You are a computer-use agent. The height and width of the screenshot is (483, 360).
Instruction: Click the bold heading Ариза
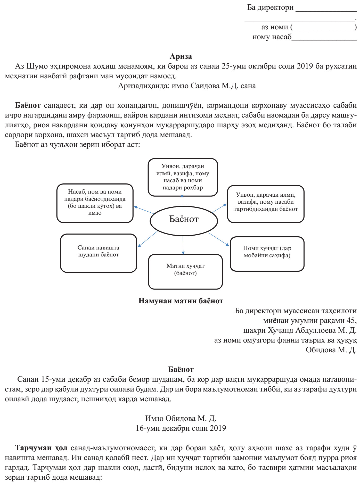(181, 56)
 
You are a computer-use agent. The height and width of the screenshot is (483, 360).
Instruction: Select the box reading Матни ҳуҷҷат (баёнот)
(185, 272)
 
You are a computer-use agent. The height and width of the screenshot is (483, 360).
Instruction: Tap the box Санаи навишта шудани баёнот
(99, 253)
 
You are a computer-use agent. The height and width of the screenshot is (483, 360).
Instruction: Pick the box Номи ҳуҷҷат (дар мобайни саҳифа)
(267, 254)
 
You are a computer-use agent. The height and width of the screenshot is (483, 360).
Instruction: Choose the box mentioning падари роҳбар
(183, 177)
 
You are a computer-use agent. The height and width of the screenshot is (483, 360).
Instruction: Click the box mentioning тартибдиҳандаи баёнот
(266, 204)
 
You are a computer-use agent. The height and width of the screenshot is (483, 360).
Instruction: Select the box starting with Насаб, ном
(95, 203)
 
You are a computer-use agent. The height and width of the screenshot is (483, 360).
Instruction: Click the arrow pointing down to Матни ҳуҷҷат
(183, 245)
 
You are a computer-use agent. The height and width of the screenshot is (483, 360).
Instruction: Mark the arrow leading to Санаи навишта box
(148, 239)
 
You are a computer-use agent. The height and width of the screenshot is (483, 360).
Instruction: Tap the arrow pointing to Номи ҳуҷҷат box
(219, 239)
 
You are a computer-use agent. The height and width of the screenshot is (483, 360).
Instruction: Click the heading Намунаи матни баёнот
(181, 301)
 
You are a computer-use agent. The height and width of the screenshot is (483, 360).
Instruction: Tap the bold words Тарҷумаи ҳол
(41, 448)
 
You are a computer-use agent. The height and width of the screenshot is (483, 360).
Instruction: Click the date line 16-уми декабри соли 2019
(181, 428)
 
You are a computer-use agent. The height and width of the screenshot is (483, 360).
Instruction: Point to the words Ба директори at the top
(270, 7)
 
